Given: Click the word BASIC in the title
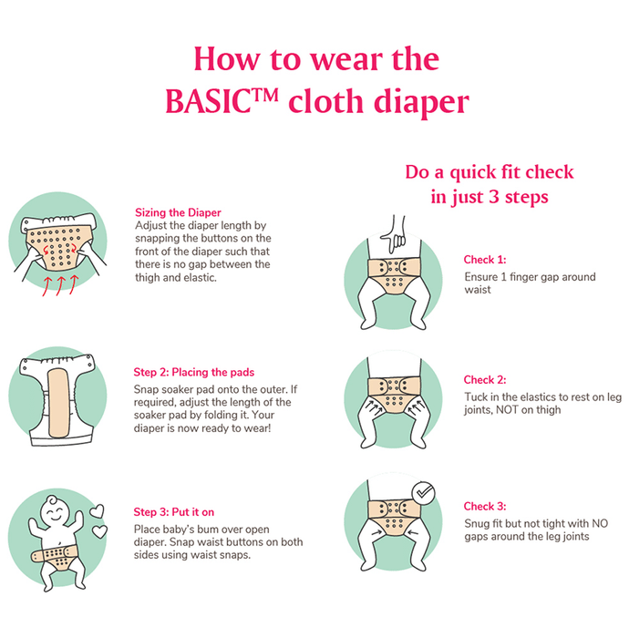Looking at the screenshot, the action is point(209,101).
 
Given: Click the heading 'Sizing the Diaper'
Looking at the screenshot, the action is point(178,212).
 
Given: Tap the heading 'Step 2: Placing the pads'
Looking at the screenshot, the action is point(193,372).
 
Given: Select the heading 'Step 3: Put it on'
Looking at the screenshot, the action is point(174,512).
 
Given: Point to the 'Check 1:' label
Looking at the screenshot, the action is point(485,260).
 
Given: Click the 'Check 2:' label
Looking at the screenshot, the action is point(485,380).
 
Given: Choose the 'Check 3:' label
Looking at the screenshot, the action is point(485,506).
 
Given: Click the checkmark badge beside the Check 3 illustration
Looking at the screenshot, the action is point(423,493).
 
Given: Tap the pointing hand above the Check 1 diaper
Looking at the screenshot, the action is point(394,235).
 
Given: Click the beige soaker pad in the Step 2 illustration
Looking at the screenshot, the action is point(60,403).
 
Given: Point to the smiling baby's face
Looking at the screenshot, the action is point(56,511).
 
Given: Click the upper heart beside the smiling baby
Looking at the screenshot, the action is point(98,511).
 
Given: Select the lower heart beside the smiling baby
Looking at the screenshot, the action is point(99,531).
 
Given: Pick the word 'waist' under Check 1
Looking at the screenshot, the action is point(478,290).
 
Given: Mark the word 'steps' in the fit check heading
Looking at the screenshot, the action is point(527,198).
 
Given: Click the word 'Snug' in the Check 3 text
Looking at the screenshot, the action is point(475,524).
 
